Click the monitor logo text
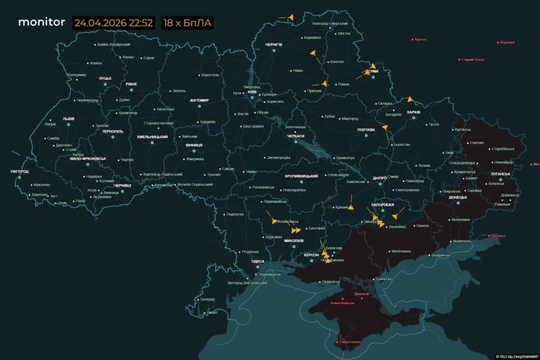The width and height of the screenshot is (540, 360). [x=42, y=22]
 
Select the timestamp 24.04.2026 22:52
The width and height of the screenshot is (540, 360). [x=113, y=23]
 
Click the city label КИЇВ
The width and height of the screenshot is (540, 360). [x=252, y=92]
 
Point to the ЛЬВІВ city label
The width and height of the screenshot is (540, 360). [x=69, y=119]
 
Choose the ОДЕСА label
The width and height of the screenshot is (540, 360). [x=258, y=261]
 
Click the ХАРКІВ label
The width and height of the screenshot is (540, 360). [x=413, y=112]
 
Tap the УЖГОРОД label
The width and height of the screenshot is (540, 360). [x=19, y=171]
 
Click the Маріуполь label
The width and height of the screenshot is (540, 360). [x=462, y=241]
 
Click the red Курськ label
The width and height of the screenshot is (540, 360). [x=420, y=39]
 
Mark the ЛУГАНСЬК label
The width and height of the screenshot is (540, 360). [x=500, y=173]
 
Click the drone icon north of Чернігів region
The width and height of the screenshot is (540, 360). [x=290, y=17]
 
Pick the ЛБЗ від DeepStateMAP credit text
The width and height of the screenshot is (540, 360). [x=516, y=356]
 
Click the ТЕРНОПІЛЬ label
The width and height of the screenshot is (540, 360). [x=112, y=131]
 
